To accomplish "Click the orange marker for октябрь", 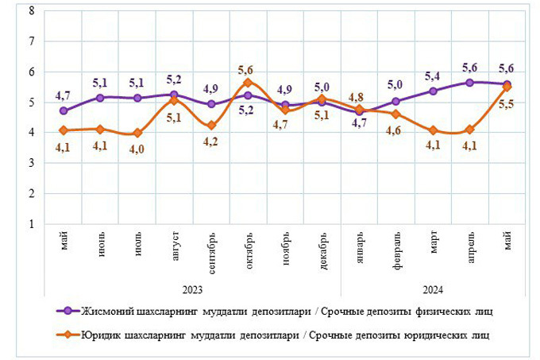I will tap(248, 83).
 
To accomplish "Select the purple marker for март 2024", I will tap(433, 91).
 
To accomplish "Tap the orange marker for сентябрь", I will tap(211, 126).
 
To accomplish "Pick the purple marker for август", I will tap(175, 95).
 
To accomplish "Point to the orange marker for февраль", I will tap(396, 114).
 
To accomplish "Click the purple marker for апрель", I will tap(469, 83).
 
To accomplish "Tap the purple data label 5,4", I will tap(433, 76).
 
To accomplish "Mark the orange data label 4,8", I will tap(359, 99).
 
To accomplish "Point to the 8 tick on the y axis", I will tap(31, 11).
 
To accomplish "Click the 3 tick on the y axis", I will tap(31, 163).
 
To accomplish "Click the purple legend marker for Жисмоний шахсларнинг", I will tap(68, 311).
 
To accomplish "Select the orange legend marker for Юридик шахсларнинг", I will tap(68, 335).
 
